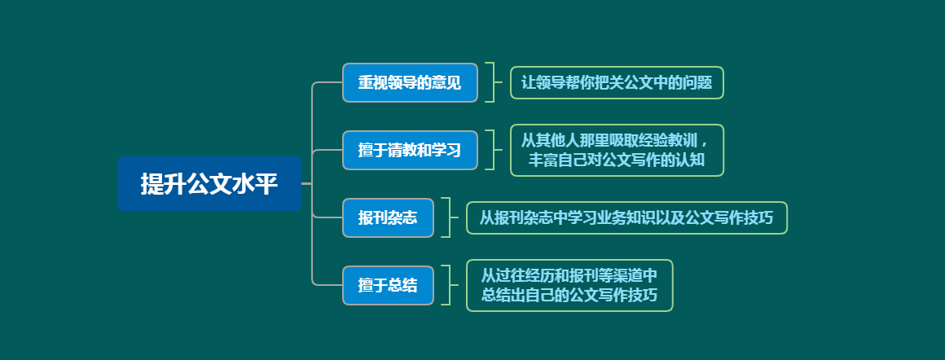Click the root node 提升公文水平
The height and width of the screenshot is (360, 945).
point(209,184)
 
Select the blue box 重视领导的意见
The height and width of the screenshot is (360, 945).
point(410,82)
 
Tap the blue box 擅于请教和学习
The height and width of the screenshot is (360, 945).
point(410,150)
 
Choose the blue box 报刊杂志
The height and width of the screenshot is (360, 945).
point(388,217)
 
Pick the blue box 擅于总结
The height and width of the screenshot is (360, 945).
point(388,285)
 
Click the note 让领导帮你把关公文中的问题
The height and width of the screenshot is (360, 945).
point(617,82)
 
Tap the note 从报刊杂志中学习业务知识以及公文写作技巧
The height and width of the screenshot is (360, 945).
point(626,217)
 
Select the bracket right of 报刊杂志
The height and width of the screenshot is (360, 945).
point(446,217)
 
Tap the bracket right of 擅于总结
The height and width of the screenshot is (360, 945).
point(446,285)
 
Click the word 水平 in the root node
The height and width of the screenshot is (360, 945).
point(255,184)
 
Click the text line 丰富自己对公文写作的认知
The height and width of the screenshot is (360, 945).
point(617,160)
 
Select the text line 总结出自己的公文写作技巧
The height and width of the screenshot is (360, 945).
point(569,296)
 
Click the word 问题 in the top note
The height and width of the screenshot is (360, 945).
point(697,82)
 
